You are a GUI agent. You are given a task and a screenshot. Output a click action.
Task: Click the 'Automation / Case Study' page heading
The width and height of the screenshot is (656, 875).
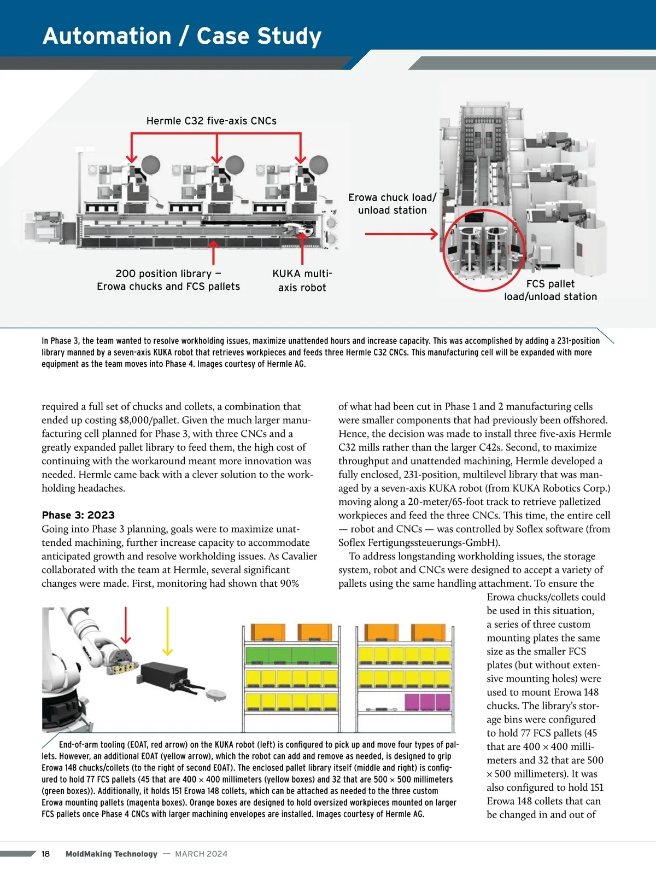click(x=182, y=36)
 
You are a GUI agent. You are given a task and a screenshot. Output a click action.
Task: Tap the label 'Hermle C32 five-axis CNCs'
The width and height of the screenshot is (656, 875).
click(x=211, y=121)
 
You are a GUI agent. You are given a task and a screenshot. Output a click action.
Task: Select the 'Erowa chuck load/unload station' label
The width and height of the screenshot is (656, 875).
click(x=392, y=203)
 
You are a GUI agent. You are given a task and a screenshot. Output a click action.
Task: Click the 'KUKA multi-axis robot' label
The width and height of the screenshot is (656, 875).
click(x=302, y=280)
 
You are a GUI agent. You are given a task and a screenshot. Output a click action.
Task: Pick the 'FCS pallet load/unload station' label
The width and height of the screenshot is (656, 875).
click(x=550, y=290)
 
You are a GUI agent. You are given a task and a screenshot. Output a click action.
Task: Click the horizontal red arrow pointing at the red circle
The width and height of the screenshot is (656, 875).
click(x=401, y=234)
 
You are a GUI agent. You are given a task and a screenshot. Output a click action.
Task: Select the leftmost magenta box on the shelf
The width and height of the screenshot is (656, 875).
click(x=411, y=701)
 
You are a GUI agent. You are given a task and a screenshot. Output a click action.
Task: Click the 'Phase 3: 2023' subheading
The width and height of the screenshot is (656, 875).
click(x=78, y=515)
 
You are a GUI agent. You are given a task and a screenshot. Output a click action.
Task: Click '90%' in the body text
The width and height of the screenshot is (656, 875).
click(x=289, y=584)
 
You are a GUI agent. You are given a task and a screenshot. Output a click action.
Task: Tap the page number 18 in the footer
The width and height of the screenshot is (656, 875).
click(x=45, y=854)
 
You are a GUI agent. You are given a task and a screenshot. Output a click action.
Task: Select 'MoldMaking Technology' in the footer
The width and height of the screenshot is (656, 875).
click(x=111, y=854)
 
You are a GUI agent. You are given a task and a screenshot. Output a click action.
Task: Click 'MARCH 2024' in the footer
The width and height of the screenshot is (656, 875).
click(x=201, y=854)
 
